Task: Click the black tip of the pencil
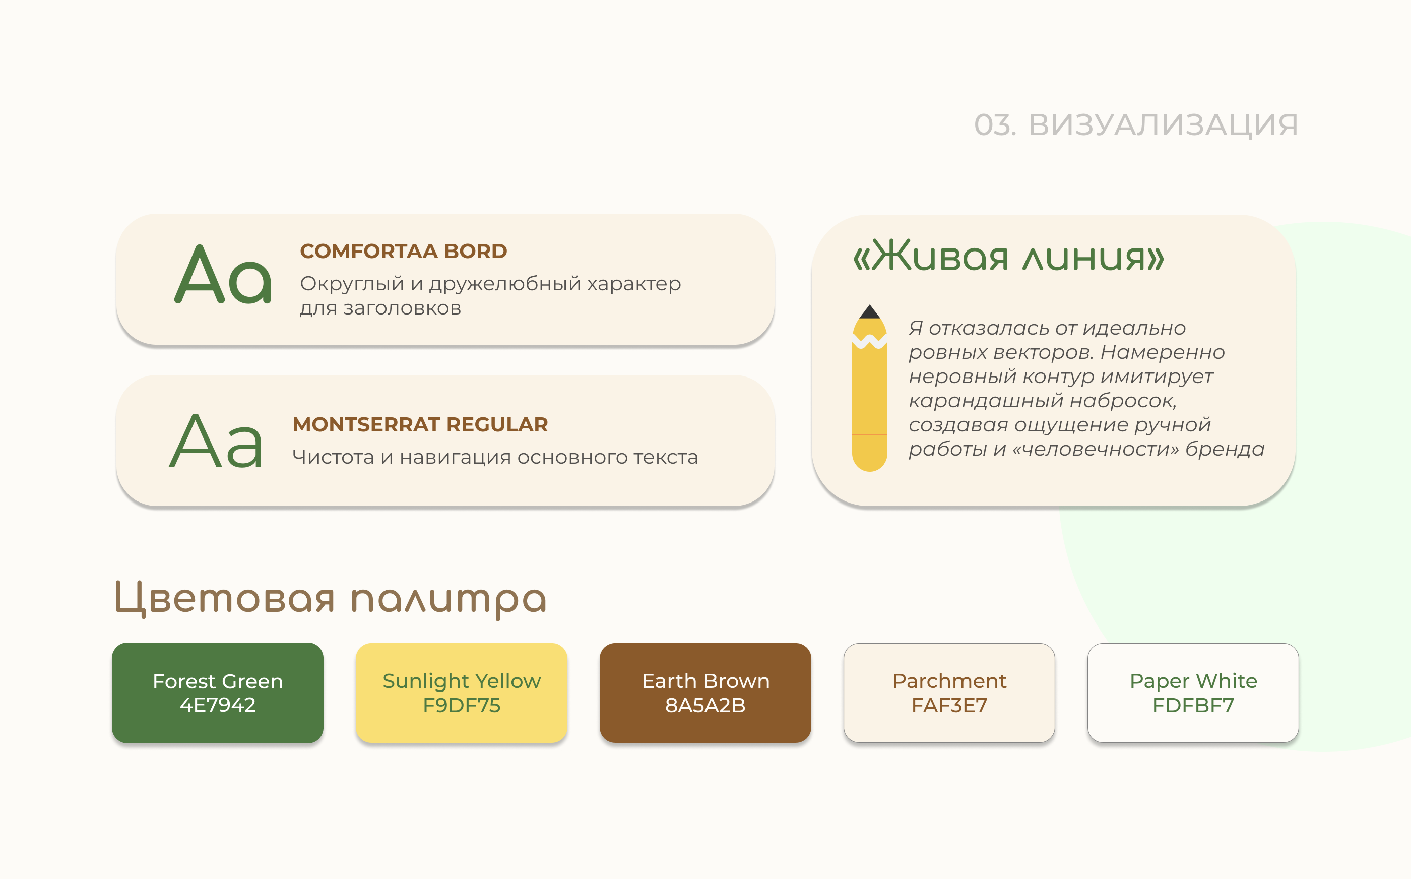[869, 312]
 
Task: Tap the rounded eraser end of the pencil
[869, 456]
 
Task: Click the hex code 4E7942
[217, 705]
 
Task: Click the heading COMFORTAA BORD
[403, 251]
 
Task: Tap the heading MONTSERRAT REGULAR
[420, 424]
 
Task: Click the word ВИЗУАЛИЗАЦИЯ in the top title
[1163, 125]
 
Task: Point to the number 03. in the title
[995, 125]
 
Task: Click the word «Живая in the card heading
[930, 257]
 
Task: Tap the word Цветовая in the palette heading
[224, 599]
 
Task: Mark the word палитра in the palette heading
[448, 600]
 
